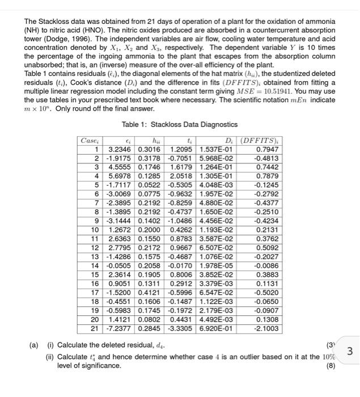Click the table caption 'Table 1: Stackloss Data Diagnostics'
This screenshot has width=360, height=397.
pos(180,125)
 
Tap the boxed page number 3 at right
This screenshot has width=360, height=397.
pos(349,351)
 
